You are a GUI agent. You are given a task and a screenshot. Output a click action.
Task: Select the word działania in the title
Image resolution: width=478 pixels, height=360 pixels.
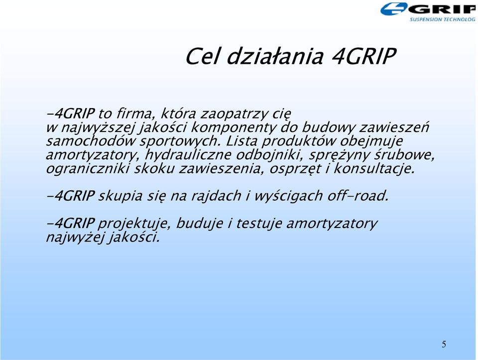point(275,56)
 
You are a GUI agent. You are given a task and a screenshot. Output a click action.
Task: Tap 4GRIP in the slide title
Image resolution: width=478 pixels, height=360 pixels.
point(363,56)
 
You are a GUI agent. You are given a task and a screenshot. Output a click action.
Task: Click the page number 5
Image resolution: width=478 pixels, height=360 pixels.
point(444,344)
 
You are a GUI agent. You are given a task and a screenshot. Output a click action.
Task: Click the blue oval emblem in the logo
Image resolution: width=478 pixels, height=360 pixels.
point(393,9)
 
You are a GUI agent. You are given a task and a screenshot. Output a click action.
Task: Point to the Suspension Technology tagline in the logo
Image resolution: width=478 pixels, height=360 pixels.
point(443,19)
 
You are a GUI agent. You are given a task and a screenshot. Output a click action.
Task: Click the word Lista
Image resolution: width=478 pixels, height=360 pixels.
point(242,141)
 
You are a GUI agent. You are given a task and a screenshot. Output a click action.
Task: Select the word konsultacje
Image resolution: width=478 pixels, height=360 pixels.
point(374,169)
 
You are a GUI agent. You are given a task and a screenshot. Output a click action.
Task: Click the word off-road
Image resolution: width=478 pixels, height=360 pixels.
point(358,196)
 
